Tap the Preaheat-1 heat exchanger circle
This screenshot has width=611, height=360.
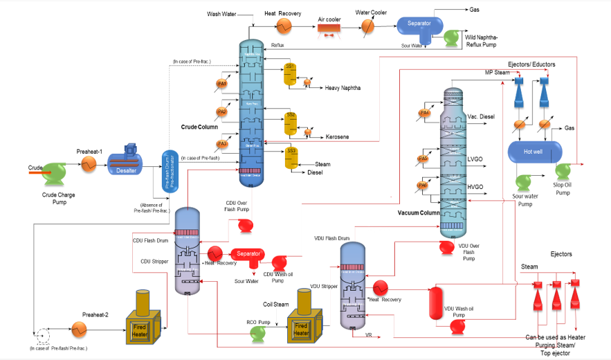pyautogui.click(x=89, y=164)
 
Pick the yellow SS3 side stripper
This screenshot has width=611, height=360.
pyautogui.click(x=290, y=159)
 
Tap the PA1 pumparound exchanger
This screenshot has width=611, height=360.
pyautogui.click(x=222, y=84)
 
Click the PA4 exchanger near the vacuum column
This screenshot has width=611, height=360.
pyautogui.click(x=425, y=113)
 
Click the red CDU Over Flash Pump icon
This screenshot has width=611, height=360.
pyautogui.click(x=245, y=226)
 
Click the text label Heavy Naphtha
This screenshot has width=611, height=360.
pyautogui.click(x=343, y=88)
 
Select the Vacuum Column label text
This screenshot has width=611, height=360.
pyautogui.click(x=418, y=213)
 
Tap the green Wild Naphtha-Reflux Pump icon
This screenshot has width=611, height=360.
pyautogui.click(x=455, y=38)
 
